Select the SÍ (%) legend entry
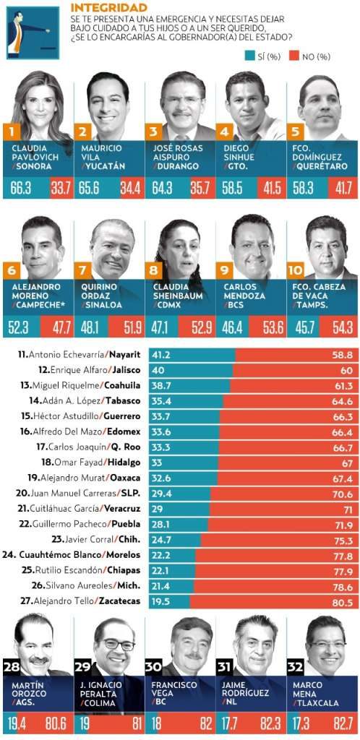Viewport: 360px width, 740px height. (x=264, y=57)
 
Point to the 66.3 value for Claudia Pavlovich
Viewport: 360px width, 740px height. (x=21, y=189)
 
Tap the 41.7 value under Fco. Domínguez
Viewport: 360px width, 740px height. (x=342, y=189)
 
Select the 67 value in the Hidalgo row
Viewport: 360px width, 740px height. (x=347, y=463)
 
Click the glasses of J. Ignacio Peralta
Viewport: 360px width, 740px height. (x=116, y=645)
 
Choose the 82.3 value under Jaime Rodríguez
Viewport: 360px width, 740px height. (x=271, y=725)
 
